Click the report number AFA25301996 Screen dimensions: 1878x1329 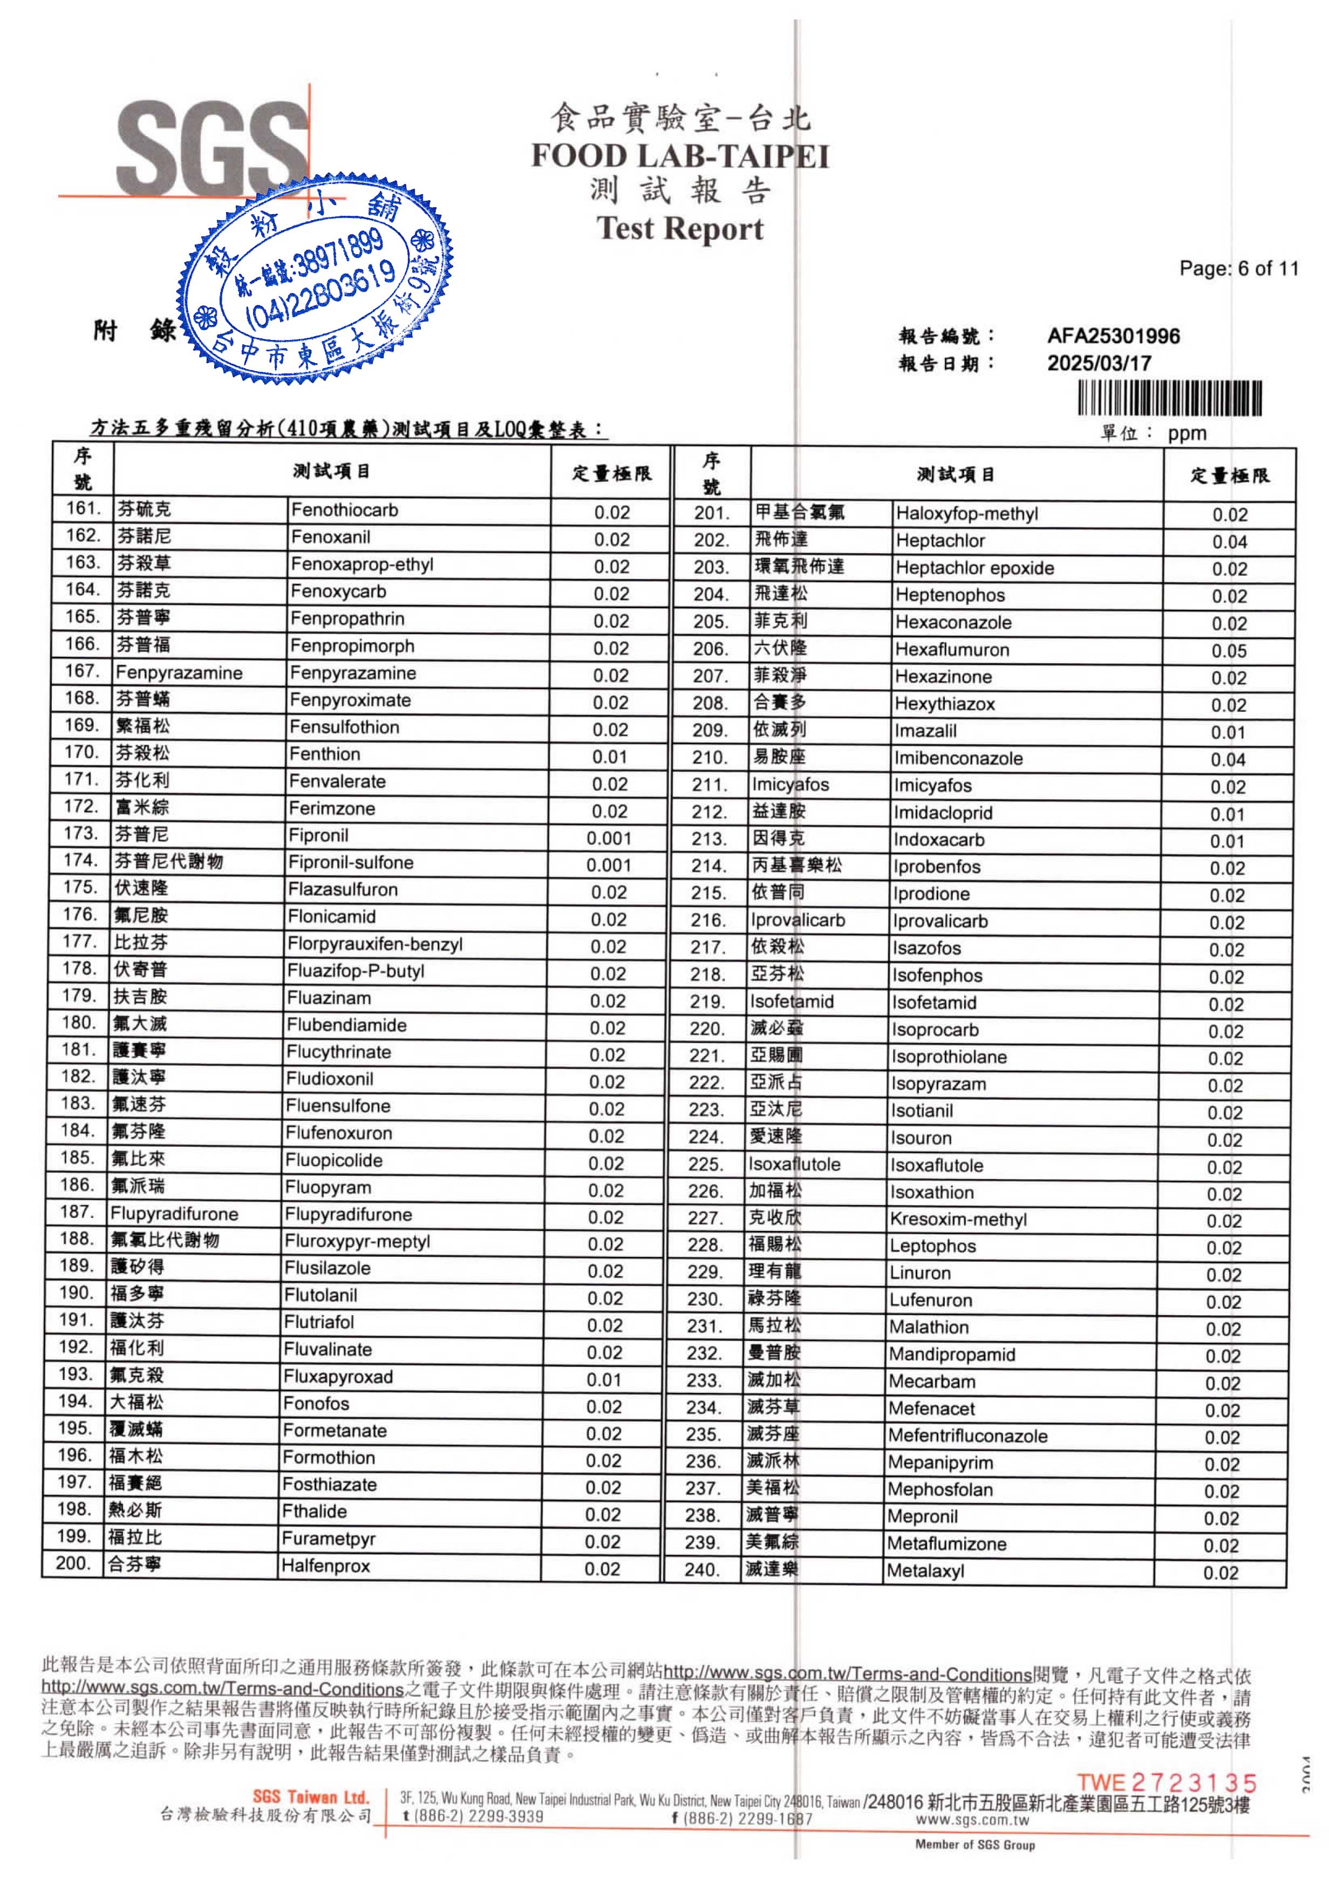(1113, 336)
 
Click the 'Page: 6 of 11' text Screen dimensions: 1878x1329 (1238, 268)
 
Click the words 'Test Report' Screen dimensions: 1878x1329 (679, 228)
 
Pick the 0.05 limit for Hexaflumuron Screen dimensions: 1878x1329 (1229, 651)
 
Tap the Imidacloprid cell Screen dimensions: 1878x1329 (943, 813)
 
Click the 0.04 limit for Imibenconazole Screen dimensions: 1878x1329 (1228, 760)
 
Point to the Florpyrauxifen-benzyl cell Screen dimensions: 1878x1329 (375, 944)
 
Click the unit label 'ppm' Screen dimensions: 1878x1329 (1187, 434)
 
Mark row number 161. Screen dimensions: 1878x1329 (83, 508)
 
